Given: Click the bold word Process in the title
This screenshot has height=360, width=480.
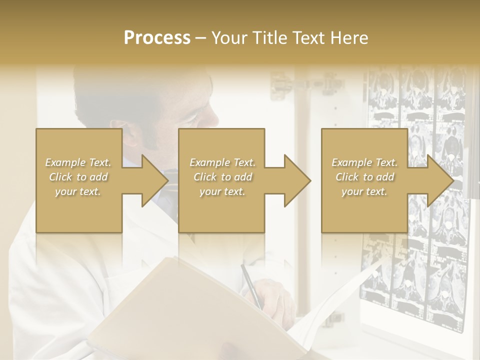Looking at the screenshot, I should click(x=157, y=38).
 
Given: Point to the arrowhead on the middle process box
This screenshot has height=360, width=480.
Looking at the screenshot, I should click(x=296, y=180).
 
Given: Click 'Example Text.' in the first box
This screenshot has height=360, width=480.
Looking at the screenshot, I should click(x=78, y=162).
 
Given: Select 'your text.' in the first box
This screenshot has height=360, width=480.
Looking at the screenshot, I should click(x=78, y=191).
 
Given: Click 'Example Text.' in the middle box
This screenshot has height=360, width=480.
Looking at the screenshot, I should click(x=222, y=162).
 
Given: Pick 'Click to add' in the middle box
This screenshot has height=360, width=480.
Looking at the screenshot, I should click(x=222, y=177).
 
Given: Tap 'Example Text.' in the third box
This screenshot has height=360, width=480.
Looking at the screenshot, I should click(x=364, y=162).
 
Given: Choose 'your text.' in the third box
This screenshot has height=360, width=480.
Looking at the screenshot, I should click(x=364, y=191).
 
